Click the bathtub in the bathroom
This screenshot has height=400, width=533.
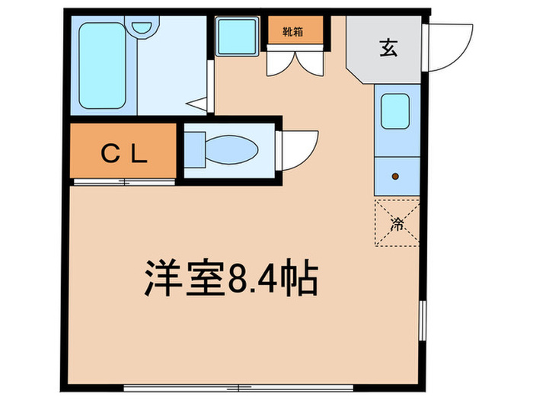pyautogui.click(x=102, y=66)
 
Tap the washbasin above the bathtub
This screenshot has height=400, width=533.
pyautogui.click(x=142, y=27)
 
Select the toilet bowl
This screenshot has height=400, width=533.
pyautogui.click(x=231, y=149)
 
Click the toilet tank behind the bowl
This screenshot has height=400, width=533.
pyautogui.click(x=194, y=150)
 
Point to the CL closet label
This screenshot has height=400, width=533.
pyautogui.click(x=124, y=154)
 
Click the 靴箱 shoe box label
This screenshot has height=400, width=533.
pyautogui.click(x=293, y=32)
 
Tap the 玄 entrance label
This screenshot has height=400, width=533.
pyautogui.click(x=389, y=47)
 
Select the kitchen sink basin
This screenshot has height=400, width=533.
pyautogui.click(x=395, y=111)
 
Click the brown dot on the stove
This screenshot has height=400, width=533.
pyautogui.click(x=395, y=177)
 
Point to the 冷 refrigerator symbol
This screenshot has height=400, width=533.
pyautogui.click(x=397, y=223)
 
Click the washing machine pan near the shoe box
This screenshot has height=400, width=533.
pyautogui.click(x=238, y=37)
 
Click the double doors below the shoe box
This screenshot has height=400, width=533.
pyautogui.click(x=295, y=63)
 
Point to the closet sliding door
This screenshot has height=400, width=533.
pyautogui.click(x=124, y=182)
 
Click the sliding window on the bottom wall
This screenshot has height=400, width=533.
pyautogui.click(x=238, y=387)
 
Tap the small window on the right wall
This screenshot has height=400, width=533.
pyautogui.click(x=423, y=320)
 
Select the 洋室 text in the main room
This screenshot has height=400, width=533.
pyautogui.click(x=184, y=278)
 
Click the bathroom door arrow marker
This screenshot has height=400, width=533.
pyautogui.click(x=196, y=104)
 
